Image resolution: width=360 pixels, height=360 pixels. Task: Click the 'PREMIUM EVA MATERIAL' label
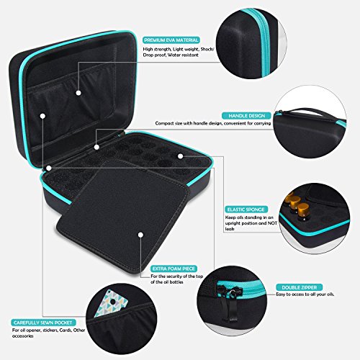click(171, 40)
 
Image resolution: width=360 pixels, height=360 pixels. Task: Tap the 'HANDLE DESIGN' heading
click(246, 116)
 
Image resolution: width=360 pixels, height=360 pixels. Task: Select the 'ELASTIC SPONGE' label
click(247, 210)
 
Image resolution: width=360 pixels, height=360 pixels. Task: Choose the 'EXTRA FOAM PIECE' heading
click(174, 269)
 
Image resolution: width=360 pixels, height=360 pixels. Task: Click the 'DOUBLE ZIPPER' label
click(300, 287)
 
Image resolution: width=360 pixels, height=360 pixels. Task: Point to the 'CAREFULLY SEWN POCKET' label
click(43, 323)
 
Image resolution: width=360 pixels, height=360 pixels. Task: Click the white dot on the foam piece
click(140, 235)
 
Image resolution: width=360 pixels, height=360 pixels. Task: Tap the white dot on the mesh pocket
click(78, 93)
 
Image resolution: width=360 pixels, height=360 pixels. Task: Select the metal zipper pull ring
click(233, 292)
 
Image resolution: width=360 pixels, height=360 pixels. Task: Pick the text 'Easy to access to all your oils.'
click(305, 294)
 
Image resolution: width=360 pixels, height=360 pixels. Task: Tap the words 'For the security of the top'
click(177, 276)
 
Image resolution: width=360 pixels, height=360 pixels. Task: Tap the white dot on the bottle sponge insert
click(181, 156)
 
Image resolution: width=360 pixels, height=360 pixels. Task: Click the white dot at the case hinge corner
click(49, 168)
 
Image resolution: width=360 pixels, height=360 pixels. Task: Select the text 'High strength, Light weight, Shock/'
click(179, 49)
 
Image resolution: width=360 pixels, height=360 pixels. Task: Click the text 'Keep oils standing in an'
click(249, 217)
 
